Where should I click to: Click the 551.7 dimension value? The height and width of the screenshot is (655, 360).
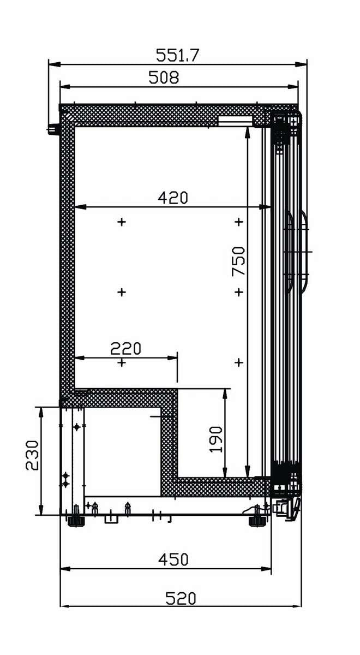177,55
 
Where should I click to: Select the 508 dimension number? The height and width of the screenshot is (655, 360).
164,78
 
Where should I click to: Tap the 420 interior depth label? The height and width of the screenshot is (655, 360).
173,198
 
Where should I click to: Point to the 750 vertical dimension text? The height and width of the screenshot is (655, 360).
238,261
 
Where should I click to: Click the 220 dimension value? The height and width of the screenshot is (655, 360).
125,348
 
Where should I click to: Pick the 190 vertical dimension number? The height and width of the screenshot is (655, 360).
216,439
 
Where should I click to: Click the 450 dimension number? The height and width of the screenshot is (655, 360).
173,559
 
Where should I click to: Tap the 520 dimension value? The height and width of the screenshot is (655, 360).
181,598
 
